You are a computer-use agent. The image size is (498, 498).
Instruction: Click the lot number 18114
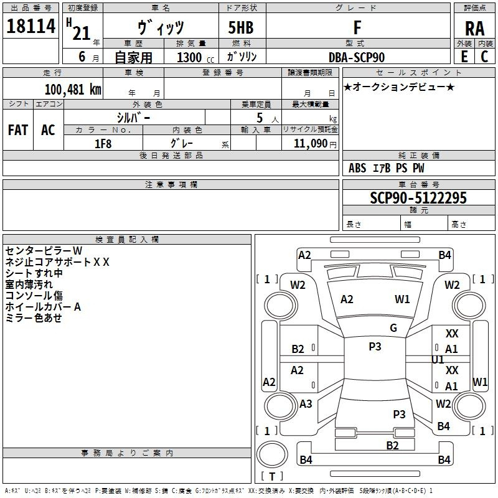pyautogui.click(x=31, y=26)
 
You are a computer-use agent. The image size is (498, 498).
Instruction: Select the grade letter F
pyautogui.click(x=357, y=27)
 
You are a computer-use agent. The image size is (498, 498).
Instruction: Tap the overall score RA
pyautogui.click(x=475, y=29)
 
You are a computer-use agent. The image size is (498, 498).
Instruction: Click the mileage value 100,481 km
pyautogui.click(x=73, y=89)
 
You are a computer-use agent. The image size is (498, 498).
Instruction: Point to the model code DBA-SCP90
pyautogui.click(x=357, y=57)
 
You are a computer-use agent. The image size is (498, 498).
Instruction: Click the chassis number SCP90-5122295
pyautogui.click(x=418, y=197)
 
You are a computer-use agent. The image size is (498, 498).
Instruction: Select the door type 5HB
pyautogui.click(x=241, y=27)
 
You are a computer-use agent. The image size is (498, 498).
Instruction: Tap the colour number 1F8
pyautogui.click(x=103, y=144)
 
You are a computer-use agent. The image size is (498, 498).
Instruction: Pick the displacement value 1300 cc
pyautogui.click(x=195, y=57)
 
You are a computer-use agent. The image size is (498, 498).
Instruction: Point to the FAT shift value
pyautogui.click(x=18, y=130)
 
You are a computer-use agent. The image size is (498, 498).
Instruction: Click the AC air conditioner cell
pyautogui.click(x=49, y=130)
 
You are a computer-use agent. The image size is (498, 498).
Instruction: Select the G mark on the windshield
pyautogui.click(x=393, y=328)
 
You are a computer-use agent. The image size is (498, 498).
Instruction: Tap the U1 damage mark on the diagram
pyautogui.click(x=438, y=360)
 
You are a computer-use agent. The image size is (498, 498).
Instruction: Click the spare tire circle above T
pyautogui.click(x=272, y=454)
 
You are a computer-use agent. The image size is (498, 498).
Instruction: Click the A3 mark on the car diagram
pyautogui.click(x=306, y=403)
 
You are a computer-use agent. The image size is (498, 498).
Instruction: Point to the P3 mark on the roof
pyautogui.click(x=375, y=346)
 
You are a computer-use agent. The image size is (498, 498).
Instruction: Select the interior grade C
pyautogui.click(x=484, y=57)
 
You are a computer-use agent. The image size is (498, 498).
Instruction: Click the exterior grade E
pyautogui.click(x=464, y=57)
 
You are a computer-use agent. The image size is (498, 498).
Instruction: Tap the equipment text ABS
pyautogui.click(x=357, y=168)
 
